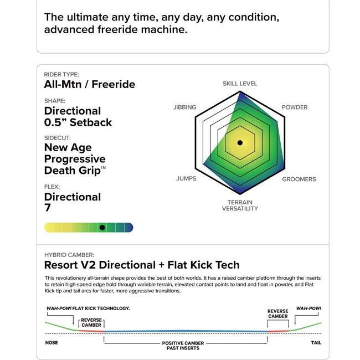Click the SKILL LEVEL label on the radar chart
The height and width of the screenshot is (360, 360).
tap(240, 84)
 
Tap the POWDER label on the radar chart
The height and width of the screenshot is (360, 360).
tap(295, 107)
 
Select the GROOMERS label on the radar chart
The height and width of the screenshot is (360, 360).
tap(299, 179)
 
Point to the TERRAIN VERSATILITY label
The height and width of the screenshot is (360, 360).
tap(240, 205)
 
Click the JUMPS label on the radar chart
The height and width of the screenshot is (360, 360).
tap(186, 179)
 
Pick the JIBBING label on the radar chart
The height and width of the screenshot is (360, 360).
tap(184, 107)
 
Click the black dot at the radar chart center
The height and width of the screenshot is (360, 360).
tap(240, 143)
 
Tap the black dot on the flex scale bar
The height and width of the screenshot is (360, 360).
tap(102, 228)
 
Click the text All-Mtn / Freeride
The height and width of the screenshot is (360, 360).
tap(90, 85)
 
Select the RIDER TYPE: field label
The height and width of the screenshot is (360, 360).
tap(61, 74)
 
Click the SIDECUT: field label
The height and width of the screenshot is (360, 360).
tap(58, 137)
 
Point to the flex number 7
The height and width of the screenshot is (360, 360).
tap(48, 208)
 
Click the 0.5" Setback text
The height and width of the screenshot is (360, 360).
tap(78, 122)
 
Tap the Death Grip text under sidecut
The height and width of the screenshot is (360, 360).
tap(73, 171)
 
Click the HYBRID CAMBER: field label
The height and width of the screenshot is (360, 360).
tap(69, 255)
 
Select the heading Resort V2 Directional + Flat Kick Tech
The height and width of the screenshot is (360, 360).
tap(142, 265)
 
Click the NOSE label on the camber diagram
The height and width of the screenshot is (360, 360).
tap(51, 342)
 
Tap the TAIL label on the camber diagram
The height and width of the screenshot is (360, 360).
tap(317, 342)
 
